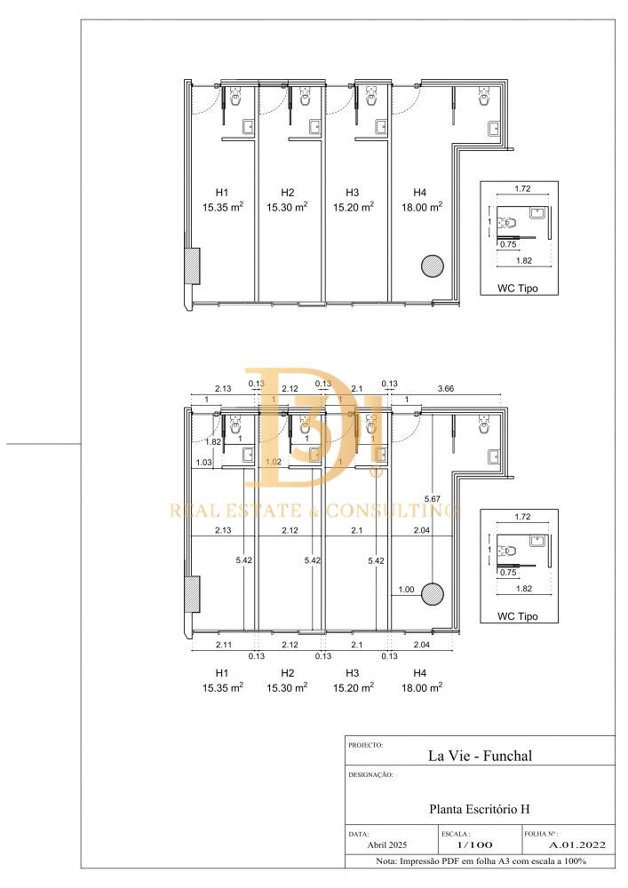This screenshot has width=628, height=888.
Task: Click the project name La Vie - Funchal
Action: pos(480,756)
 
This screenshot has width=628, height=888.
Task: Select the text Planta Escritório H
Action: pos(480,809)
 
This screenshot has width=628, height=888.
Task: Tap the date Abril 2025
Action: pos(387,845)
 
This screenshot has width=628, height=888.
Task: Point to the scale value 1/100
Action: pos(474,845)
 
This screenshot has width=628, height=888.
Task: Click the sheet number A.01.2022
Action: pos(577,845)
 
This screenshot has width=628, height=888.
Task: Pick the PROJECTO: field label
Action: pos(366,745)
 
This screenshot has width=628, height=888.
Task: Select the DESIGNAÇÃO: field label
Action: pos(370,774)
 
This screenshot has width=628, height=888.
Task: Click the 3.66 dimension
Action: pos(446,389)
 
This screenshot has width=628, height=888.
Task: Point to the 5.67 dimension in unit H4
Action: pos(432,499)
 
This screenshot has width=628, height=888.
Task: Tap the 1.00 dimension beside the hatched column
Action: pos(406,590)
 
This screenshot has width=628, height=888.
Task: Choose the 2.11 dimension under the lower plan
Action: pos(223,645)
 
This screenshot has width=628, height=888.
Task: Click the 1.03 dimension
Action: pos(204,462)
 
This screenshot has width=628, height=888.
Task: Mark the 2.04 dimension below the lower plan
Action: pos(421,645)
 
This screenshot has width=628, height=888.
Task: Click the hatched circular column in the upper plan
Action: pos(432,266)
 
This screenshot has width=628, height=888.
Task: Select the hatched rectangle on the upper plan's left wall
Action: pos(193,266)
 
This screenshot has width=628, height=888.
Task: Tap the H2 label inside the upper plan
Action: pos(288,193)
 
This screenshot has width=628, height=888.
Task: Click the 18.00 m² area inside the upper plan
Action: pos(422,207)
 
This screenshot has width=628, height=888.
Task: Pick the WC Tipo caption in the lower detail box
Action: pos(518,616)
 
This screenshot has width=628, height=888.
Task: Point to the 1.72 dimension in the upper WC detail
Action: pos(522,188)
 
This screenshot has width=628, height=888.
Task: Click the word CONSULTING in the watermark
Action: pos(392,511)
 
